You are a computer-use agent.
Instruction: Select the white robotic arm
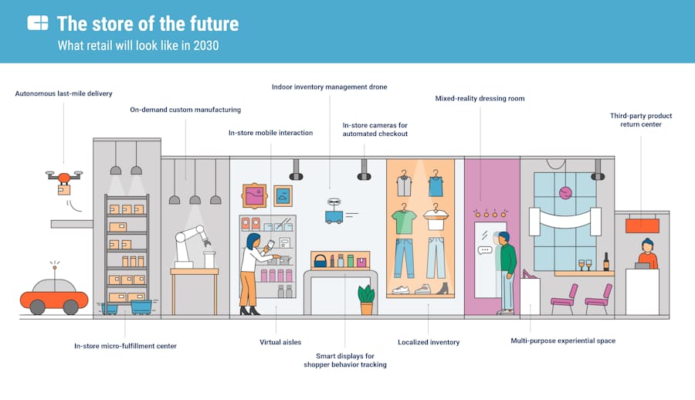pos(190,246)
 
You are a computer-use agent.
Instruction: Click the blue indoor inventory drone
pos(334,212)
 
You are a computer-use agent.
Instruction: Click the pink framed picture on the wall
pos(254,195)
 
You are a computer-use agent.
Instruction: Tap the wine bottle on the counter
pos(606,262)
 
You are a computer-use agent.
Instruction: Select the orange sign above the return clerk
pos(642,225)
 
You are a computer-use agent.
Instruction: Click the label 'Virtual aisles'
pos(280,342)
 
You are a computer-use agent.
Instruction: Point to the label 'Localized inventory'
pos(429,342)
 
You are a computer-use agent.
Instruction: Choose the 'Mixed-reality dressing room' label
pos(480,98)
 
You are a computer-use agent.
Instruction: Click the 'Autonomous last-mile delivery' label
pos(64,93)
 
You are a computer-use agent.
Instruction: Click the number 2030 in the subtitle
pos(206,46)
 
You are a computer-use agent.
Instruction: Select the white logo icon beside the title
pos(38,22)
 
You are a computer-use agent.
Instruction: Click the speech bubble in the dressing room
pos(485,250)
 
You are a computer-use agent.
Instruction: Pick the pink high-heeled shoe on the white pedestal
pos(529,274)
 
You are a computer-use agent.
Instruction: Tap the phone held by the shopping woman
pos(271,244)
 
